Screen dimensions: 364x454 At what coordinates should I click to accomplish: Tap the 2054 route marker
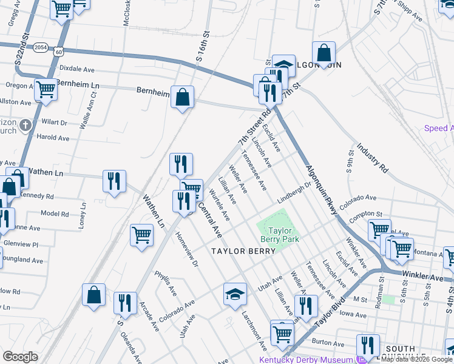41,46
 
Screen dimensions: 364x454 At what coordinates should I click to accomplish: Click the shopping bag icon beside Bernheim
182,96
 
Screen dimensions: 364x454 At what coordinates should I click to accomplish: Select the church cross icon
25,126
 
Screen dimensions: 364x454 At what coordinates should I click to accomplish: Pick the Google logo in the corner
20,356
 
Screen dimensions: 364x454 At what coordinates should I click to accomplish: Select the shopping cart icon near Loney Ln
141,234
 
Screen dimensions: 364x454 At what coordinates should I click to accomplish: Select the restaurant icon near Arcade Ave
125,303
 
